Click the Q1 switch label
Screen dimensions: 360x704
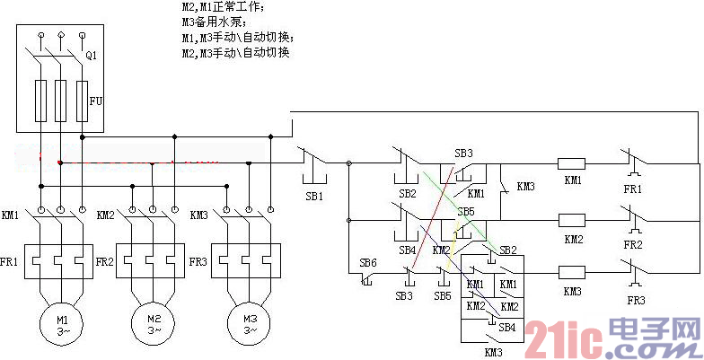[x=91, y=56]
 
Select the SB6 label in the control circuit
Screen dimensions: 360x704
[x=367, y=262]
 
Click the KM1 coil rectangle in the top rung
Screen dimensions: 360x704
[x=572, y=164]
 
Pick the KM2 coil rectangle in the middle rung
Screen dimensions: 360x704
[x=572, y=218]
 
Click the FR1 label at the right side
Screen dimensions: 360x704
[x=634, y=190]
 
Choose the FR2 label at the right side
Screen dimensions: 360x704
[x=634, y=243]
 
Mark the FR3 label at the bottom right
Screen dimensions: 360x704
[x=636, y=300]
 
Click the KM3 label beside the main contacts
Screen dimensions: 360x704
[x=198, y=215]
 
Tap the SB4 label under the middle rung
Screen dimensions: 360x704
[x=407, y=249]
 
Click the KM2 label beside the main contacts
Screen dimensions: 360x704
[x=105, y=215]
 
